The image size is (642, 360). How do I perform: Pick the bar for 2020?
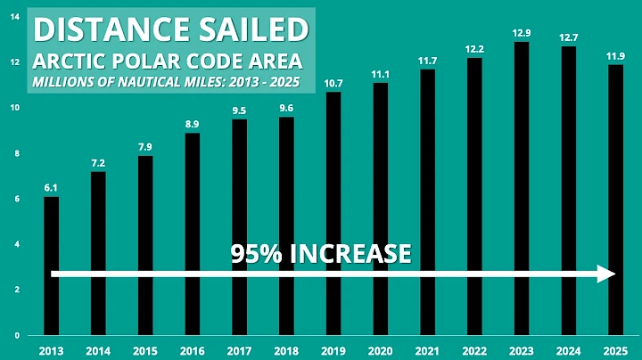(x=381, y=209)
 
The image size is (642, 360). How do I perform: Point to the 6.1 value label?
(x=52, y=188)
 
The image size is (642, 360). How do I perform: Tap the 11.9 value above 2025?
(x=615, y=56)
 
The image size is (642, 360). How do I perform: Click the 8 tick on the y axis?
(x=15, y=153)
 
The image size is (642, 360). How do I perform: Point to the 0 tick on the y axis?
(x=15, y=335)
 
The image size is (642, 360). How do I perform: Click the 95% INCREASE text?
(x=321, y=253)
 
